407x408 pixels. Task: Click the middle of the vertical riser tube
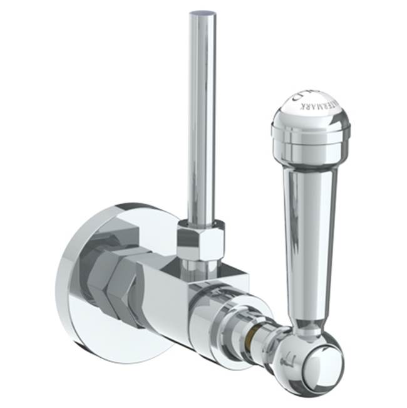click(201, 125)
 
